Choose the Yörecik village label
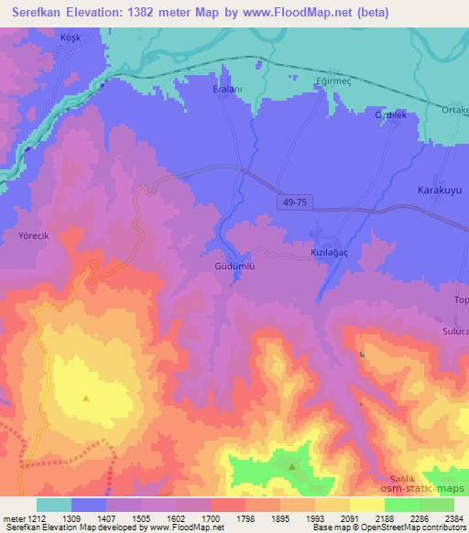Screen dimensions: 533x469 pos(34,235)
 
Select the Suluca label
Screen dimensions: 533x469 pos(454,331)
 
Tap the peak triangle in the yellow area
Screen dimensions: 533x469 pos(85,397)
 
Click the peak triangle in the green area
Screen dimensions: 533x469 pos(292,466)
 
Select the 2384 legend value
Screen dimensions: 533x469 pos(453,517)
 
